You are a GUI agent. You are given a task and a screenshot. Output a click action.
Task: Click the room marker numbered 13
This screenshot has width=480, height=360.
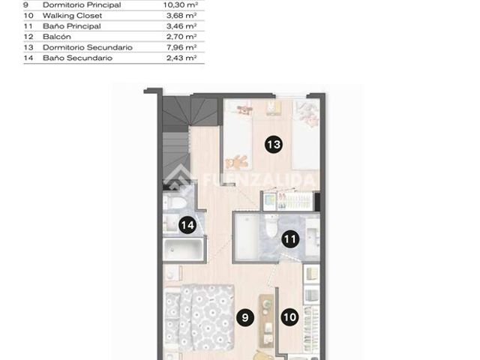(273, 144)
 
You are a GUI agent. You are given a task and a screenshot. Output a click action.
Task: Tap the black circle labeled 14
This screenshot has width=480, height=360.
(187, 225)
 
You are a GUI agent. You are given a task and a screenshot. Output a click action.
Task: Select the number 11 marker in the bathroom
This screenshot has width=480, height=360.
(290, 238)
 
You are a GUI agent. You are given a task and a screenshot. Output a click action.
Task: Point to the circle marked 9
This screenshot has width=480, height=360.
(245, 317)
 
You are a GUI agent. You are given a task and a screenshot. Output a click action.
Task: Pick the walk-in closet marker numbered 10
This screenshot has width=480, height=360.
(289, 317)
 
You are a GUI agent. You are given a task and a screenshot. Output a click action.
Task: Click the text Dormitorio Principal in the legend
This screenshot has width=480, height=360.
(82, 5)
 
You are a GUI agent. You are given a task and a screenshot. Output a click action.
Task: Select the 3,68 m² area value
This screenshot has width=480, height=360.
(181, 16)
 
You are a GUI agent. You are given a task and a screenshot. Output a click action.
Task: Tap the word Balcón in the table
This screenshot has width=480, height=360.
(57, 37)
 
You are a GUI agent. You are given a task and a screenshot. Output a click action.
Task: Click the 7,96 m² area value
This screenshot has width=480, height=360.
(181, 47)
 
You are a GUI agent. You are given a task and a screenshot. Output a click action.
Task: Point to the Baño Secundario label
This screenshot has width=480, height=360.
(78, 58)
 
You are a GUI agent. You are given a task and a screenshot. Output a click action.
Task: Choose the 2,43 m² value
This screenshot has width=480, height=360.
(181, 58)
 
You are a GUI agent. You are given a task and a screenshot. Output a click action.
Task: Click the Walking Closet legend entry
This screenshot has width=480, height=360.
(72, 16)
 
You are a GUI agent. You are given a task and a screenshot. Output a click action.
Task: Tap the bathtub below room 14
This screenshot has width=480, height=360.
(183, 250)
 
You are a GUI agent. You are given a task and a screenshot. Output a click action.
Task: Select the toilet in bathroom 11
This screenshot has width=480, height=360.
(271, 226)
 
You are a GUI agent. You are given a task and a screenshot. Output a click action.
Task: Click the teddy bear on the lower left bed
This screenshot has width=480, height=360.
(237, 162)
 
